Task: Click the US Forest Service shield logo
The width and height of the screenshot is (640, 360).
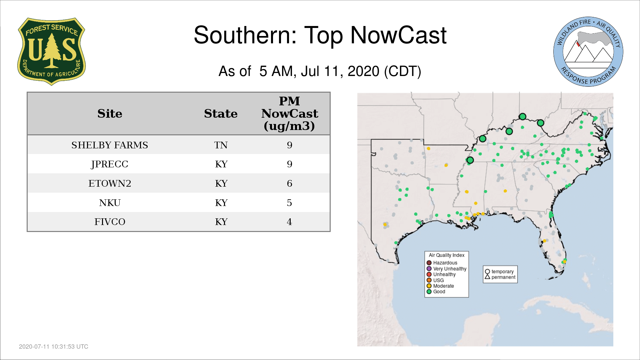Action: click(x=51, y=52)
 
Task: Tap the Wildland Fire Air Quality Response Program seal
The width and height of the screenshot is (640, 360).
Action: click(x=588, y=52)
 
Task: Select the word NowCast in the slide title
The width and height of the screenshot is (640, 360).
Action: click(x=398, y=35)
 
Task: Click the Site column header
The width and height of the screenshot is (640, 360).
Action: click(x=110, y=114)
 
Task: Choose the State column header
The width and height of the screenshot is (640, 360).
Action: click(x=221, y=114)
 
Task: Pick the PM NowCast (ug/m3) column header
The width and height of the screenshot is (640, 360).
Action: click(x=289, y=113)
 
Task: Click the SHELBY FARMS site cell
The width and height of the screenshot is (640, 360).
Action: click(x=110, y=145)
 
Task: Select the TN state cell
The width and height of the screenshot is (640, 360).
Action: click(x=221, y=145)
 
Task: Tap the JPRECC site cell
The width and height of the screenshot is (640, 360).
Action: click(x=110, y=164)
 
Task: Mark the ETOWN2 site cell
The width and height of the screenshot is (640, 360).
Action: click(x=110, y=183)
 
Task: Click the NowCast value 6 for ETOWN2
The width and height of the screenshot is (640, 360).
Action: click(x=289, y=183)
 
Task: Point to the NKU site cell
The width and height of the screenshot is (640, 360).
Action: click(x=110, y=203)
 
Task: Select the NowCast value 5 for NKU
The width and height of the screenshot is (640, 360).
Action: click(x=289, y=203)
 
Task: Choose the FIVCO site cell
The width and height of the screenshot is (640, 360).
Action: click(x=110, y=222)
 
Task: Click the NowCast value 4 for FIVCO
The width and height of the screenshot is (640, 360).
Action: click(x=289, y=222)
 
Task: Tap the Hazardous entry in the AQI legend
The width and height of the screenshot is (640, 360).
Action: click(x=442, y=263)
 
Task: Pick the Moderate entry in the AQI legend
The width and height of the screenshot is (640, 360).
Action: click(x=440, y=286)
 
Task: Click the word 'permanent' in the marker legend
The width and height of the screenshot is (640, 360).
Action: click(x=503, y=277)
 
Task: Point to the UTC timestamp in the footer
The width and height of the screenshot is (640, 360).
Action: click(x=54, y=347)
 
